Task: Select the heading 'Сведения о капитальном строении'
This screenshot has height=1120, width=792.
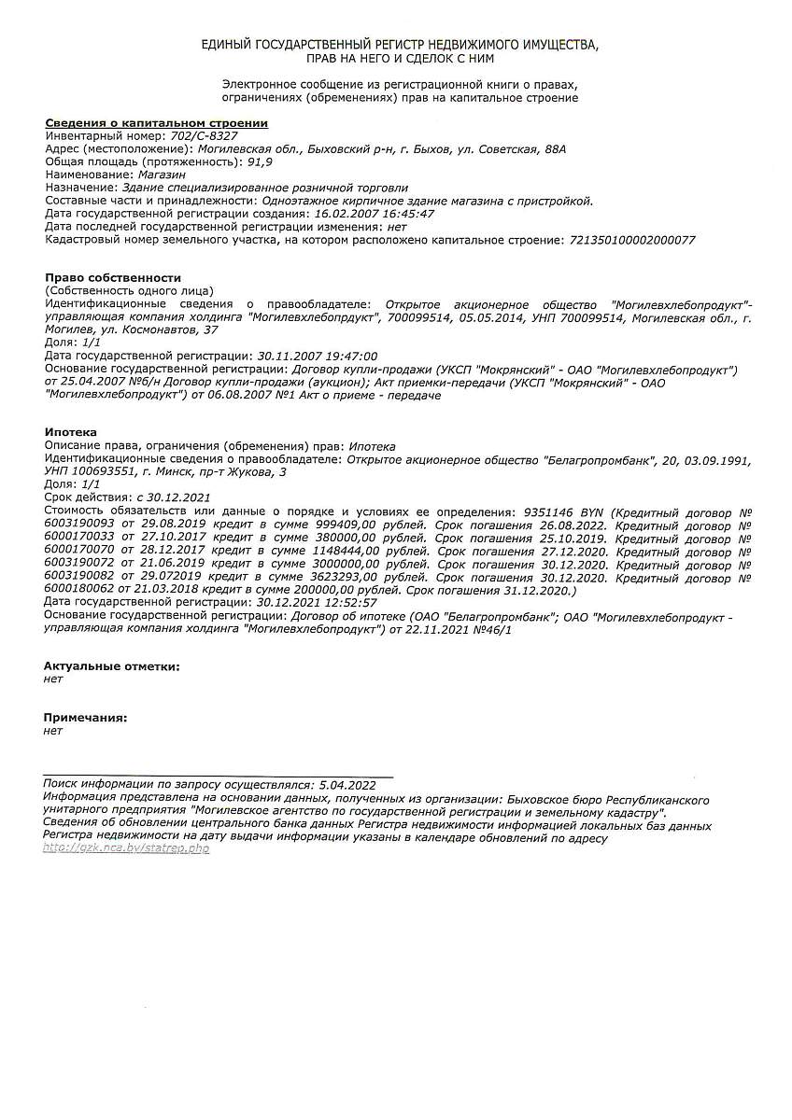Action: tap(156, 123)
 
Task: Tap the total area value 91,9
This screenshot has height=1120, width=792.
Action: tap(259, 161)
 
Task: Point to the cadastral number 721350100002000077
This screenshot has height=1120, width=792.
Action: tap(631, 240)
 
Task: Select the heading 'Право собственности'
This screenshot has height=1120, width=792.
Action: tap(113, 278)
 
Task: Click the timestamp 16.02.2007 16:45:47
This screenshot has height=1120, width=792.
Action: tap(374, 214)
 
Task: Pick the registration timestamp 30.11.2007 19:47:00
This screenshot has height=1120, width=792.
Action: tap(317, 357)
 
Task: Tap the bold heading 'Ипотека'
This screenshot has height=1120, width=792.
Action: tap(70, 433)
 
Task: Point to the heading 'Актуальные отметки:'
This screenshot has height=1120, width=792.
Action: tap(111, 666)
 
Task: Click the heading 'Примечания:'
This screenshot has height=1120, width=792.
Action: tap(85, 718)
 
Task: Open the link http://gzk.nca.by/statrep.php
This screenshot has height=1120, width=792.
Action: tap(126, 848)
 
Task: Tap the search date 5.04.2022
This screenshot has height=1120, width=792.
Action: tap(346, 786)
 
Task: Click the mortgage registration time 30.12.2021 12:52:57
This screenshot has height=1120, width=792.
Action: tap(317, 603)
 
